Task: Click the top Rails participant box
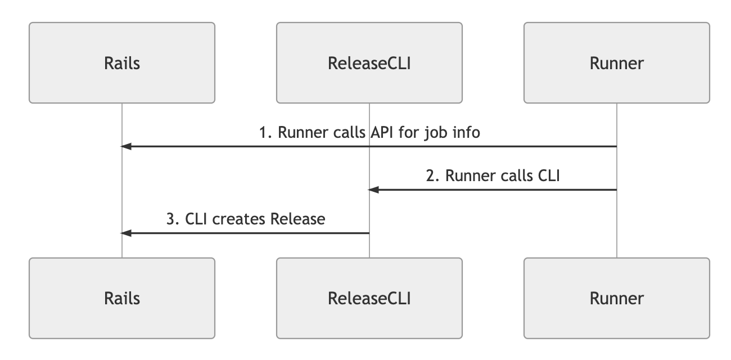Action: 122,63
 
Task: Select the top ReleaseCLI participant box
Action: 369,63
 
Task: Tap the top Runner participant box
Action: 617,63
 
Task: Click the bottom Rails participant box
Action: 122,298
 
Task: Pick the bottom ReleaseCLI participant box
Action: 369,298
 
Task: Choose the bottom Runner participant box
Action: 617,298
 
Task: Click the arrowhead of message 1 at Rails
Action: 127,147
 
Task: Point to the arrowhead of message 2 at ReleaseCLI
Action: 374,190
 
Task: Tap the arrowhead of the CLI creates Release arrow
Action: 127,233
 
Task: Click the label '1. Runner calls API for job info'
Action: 369,133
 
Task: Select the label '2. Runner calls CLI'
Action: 493,176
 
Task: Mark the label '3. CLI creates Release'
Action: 246,219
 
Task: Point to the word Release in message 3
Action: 298,219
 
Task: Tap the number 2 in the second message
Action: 431,176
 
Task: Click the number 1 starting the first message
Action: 263,133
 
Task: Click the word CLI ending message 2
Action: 547,176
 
